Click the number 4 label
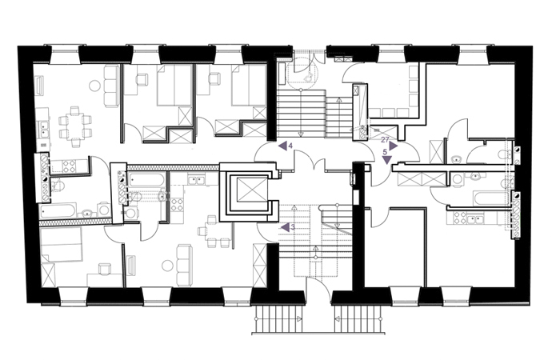[290, 146]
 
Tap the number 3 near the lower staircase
[293, 227]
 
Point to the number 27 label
[385, 140]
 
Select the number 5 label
[385, 152]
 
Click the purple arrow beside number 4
[282, 146]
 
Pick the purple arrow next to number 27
[394, 146]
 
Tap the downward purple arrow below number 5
[387, 160]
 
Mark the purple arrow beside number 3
[285, 228]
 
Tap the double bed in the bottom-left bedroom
[62, 244]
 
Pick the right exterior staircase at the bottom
[358, 319]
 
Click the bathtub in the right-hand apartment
[491, 198]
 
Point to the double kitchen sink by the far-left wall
[44, 129]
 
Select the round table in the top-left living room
[94, 86]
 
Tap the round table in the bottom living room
[168, 266]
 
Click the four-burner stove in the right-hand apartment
[457, 218]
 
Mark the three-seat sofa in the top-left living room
[110, 86]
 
